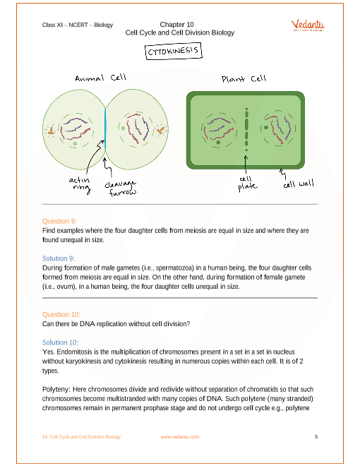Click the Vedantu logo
pyautogui.click(x=308, y=25)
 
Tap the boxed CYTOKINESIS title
pyautogui.click(x=174, y=51)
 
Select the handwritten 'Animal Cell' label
pyautogui.click(x=101, y=78)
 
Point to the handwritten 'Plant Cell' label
pyautogui.click(x=244, y=79)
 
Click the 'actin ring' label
pyautogui.click(x=80, y=184)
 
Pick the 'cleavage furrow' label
pyautogui.click(x=121, y=189)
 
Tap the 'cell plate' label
pyautogui.click(x=247, y=184)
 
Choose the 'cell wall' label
pyautogui.click(x=298, y=184)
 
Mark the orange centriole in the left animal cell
pyautogui.click(x=51, y=131)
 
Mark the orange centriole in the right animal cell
pyautogui.click(x=160, y=130)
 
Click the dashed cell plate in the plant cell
pyautogui.click(x=246, y=130)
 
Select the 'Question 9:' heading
pyautogui.click(x=59, y=221)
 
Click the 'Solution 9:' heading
pyautogui.click(x=59, y=258)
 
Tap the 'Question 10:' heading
pyautogui.click(x=61, y=314)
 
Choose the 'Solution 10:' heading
pyautogui.click(x=60, y=342)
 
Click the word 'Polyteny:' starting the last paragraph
pyautogui.click(x=56, y=389)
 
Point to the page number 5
pyautogui.click(x=316, y=436)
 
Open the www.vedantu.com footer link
pyautogui.click(x=180, y=437)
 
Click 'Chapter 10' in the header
pyautogui.click(x=176, y=25)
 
